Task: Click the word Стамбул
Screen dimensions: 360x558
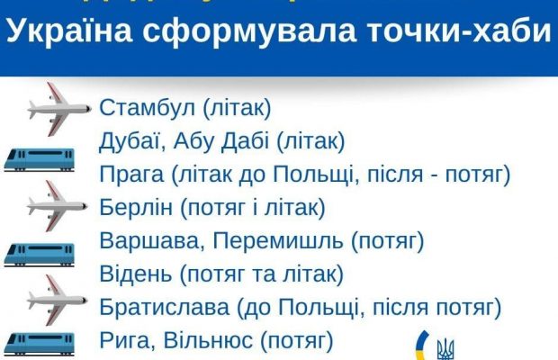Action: [x=148, y=108]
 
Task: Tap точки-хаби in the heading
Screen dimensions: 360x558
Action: [x=463, y=32]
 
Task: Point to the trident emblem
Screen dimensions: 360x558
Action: [x=445, y=347]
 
